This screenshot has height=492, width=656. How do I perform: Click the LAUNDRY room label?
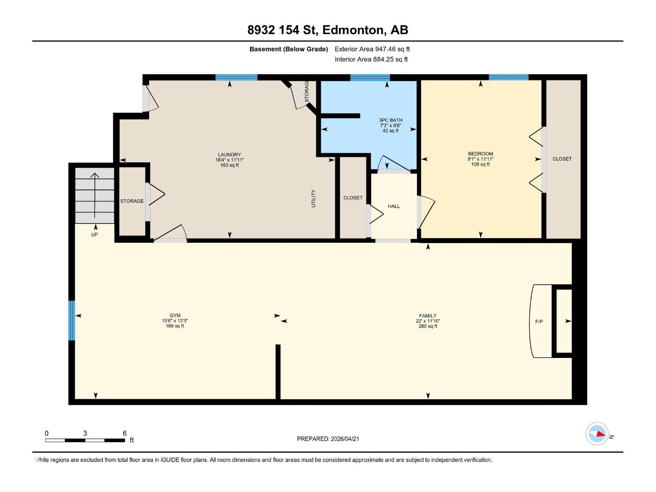pos(229,155)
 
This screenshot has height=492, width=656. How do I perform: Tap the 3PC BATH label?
pos(390,121)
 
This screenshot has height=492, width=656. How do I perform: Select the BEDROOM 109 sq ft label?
pos(481,159)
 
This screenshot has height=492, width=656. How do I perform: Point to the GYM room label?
pos(175,316)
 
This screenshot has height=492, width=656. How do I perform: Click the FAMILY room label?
pos(428,316)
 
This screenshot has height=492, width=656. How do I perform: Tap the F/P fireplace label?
pos(539,322)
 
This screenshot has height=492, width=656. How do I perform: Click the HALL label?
pos(394,206)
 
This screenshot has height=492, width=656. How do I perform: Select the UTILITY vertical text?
pos(314,198)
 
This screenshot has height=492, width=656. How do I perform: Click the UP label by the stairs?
pos(94,235)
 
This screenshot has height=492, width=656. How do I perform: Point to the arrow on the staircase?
pos(95,195)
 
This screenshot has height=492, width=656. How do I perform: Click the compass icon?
pos(597,434)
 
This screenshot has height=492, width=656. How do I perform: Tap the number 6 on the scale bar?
pos(125,433)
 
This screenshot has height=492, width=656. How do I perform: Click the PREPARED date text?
pos(328,439)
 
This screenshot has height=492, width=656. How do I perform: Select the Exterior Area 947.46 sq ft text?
pos(372,49)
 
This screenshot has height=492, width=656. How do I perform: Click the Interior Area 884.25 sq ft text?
pos(371,59)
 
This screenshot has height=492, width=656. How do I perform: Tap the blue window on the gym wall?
pos(72,320)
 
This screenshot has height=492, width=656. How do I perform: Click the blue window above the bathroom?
pos(370,77)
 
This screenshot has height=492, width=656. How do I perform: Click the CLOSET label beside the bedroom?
pos(562,159)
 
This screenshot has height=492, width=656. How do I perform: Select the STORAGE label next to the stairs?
pos(132,201)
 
